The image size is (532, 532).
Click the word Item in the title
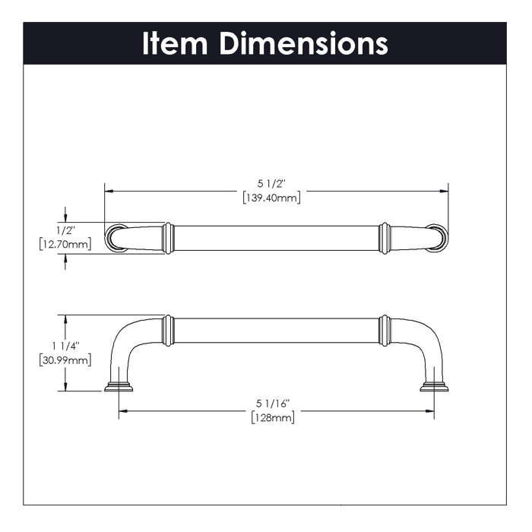pyautogui.click(x=176, y=43)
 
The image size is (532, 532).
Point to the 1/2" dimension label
pyautogui.click(x=65, y=230)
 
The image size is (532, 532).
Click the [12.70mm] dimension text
pyautogui.click(x=65, y=244)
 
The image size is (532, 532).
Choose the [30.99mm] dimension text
pyautogui.click(x=65, y=359)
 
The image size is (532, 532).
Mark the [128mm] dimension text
pyautogui.click(x=271, y=417)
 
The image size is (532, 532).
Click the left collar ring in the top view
pyautogui.click(x=169, y=238)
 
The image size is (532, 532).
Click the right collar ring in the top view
pyautogui.click(x=385, y=238)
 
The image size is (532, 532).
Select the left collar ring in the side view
pyautogui.click(x=169, y=330)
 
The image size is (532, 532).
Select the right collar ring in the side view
pyautogui.click(x=385, y=330)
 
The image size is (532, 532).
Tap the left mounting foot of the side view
pyautogui.click(x=119, y=387)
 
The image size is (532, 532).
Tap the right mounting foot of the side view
pyautogui.click(x=434, y=387)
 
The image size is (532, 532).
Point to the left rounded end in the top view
pyautogui.click(x=116, y=237)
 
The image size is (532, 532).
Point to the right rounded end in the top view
pyautogui.click(x=437, y=237)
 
